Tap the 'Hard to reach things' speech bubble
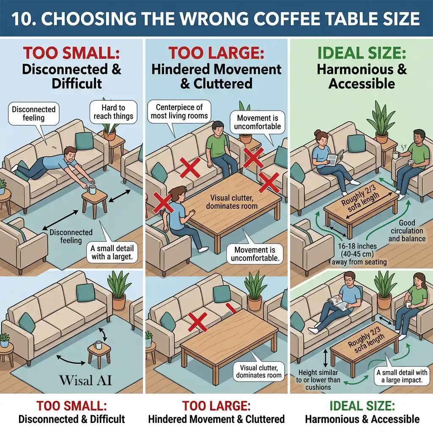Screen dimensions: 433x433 (x=113, y=112)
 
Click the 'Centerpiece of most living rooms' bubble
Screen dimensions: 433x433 (x=179, y=112)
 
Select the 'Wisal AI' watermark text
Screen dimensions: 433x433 (x=85, y=380)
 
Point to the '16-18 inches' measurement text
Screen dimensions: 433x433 (x=357, y=246)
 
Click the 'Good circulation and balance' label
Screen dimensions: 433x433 (x=407, y=231)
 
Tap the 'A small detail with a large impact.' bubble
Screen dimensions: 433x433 (x=402, y=376)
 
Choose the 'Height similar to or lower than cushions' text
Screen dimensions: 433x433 (x=318, y=380)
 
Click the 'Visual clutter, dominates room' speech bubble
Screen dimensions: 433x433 (x=259, y=371)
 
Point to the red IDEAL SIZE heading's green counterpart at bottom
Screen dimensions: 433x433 (x=362, y=406)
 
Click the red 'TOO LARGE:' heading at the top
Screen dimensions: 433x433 (x=216, y=53)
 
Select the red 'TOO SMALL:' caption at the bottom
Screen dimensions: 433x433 (x=71, y=406)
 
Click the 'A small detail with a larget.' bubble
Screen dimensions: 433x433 (x=112, y=252)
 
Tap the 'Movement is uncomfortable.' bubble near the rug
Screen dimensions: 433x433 (x=255, y=254)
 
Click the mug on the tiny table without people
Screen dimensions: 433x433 (x=98, y=345)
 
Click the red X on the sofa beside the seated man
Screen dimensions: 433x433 (x=190, y=167)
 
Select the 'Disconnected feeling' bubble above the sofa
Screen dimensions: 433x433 (x=34, y=113)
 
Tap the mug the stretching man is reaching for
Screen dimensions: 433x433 (x=92, y=190)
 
